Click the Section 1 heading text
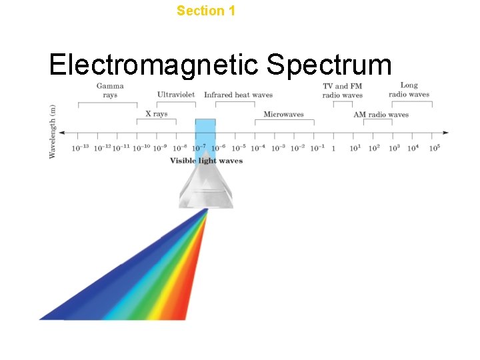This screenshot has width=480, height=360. pyautogui.click(x=206, y=11)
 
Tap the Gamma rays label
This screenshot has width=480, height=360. pyautogui.click(x=110, y=90)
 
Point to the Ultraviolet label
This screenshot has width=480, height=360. pyautogui.click(x=176, y=95)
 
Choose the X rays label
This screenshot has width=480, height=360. pyautogui.click(x=157, y=114)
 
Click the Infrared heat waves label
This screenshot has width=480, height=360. pyautogui.click(x=238, y=95)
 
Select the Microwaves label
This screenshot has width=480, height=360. pyautogui.click(x=283, y=114)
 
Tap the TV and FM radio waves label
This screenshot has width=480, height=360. pyautogui.click(x=343, y=91)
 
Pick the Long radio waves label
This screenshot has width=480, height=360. pyautogui.click(x=409, y=90)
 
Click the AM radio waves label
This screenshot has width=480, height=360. pyautogui.click(x=381, y=115)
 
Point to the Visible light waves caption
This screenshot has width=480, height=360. pyautogui.click(x=206, y=161)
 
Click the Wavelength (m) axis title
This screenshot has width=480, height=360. pyautogui.click(x=53, y=131)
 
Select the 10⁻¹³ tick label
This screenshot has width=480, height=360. pyautogui.click(x=81, y=147)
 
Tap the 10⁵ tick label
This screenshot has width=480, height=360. pyautogui.click(x=434, y=147)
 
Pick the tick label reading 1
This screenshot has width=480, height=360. pyautogui.click(x=333, y=148)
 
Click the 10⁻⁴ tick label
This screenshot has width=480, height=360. pyautogui.click(x=258, y=147)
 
